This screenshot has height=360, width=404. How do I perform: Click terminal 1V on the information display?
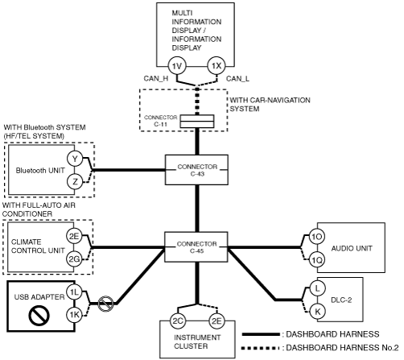pos(177,66)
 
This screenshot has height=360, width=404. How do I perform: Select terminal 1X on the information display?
pos(216,66)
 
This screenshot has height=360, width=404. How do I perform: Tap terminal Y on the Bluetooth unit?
pos(75,159)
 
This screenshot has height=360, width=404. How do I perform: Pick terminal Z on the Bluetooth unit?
pos(75,182)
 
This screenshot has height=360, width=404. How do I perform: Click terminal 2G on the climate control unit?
pos(74,259)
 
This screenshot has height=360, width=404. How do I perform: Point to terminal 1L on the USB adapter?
pos(74,292)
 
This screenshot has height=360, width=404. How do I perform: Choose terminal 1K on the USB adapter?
pos(74,314)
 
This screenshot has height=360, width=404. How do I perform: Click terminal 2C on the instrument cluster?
pos(178,321)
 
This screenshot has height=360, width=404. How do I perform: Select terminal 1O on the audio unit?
pos(317,237)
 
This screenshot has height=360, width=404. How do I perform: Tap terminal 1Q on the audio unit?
pos(317,260)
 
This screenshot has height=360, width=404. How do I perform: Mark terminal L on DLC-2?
pos(317,288)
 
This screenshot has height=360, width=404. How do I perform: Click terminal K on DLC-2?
pos(317,312)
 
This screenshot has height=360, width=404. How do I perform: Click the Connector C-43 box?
pos(196,170)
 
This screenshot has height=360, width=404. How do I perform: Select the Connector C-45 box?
pos(196,247)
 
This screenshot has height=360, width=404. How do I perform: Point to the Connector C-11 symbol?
pos(197,122)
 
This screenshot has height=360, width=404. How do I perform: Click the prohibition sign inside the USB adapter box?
pos(39,316)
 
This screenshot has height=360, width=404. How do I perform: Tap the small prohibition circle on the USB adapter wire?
pos(105,304)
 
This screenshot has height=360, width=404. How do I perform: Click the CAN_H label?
pos(156,78)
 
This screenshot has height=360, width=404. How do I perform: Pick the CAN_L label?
pos(237,79)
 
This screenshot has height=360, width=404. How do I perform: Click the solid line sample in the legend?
pos(261,334)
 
